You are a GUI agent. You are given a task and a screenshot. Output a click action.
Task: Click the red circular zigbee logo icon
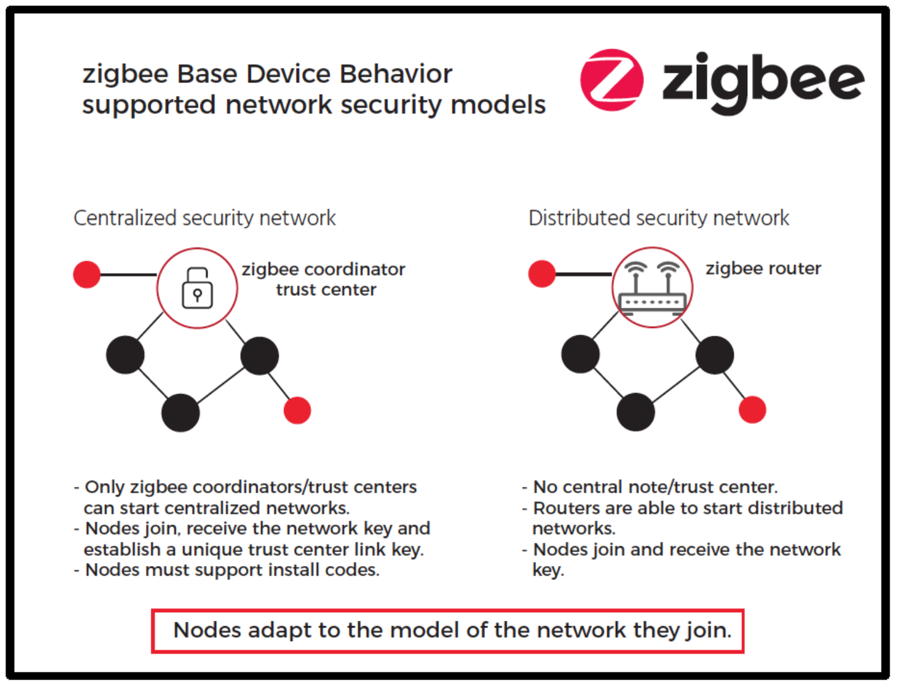612,80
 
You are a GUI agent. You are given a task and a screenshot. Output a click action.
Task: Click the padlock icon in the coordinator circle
197,288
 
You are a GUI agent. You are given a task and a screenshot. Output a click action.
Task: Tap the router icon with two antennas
652,288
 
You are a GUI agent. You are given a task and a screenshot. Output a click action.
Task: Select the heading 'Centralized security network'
204,218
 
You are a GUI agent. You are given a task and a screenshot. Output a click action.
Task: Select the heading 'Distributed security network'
658,218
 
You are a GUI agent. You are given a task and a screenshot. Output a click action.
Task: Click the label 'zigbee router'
763,269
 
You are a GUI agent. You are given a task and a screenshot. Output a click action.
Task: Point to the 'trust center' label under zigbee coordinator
326,290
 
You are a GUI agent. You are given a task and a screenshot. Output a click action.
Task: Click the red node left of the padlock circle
86,275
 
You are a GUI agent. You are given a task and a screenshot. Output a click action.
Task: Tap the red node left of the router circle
541,274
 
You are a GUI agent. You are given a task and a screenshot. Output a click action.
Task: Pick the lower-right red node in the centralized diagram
297,411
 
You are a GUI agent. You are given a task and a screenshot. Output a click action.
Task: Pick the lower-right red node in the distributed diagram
752,410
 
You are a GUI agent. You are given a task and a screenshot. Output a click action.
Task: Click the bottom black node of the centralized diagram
180,413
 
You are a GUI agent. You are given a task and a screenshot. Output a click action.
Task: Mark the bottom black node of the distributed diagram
636,412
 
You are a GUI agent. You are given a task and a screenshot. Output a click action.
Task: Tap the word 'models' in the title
498,105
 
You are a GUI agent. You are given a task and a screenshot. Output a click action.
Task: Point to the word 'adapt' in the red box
279,630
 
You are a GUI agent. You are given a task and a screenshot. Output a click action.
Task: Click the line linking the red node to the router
583,274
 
